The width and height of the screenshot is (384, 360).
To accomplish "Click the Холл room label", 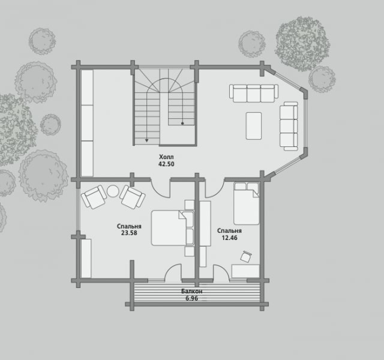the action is tap(166, 157).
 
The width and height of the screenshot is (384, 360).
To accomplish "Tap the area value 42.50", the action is tap(166, 164).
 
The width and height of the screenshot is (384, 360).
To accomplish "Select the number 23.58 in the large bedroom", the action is tap(129, 233).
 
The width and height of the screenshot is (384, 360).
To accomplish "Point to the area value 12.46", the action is tap(229, 238).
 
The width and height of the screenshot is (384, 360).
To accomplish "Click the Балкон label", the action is tap(192, 292).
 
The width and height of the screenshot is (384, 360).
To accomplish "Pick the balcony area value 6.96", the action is tap(192, 299).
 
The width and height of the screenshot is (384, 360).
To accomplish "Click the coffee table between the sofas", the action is tap(254, 126).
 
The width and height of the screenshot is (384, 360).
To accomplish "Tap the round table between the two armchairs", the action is tap(113, 191).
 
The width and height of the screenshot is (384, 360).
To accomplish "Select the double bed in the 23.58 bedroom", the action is tap(173, 228).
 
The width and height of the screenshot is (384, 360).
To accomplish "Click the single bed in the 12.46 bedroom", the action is tap(247, 203).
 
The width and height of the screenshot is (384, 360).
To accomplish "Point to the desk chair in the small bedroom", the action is tap(246, 257).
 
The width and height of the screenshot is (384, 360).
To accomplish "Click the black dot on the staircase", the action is tap(182, 124).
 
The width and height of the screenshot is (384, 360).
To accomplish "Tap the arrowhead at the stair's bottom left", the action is tap(146, 140).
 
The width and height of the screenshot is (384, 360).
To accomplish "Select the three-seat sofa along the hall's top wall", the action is tap(254, 93).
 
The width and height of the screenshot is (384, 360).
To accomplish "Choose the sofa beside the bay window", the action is tap(289, 126).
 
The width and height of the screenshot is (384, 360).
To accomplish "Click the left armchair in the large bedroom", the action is tap(94, 197).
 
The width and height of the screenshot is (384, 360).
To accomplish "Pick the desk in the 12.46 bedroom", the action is tap(245, 271).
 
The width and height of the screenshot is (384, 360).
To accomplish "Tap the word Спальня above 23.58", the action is tap(129, 226).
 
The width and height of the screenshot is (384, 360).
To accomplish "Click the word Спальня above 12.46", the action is tap(229, 230).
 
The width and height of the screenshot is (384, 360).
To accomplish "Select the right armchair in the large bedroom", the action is tap(132, 197).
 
